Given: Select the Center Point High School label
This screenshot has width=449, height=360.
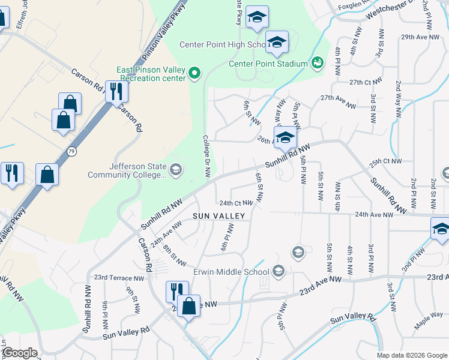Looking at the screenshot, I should coord(223,45).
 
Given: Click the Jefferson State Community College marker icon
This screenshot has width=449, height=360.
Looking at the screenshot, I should coord(175,170).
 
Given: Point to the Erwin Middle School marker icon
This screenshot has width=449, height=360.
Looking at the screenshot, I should coord(278,272).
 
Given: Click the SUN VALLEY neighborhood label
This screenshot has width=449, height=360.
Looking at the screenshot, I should coord(218,215).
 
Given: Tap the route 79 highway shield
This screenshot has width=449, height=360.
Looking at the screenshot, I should coord(72,149).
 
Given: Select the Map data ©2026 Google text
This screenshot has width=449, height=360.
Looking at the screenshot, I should coord(412,355).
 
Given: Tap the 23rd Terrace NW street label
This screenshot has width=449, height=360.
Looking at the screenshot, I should coord(119,278).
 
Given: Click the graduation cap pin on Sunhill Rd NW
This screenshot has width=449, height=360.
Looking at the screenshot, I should coord(285,138).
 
